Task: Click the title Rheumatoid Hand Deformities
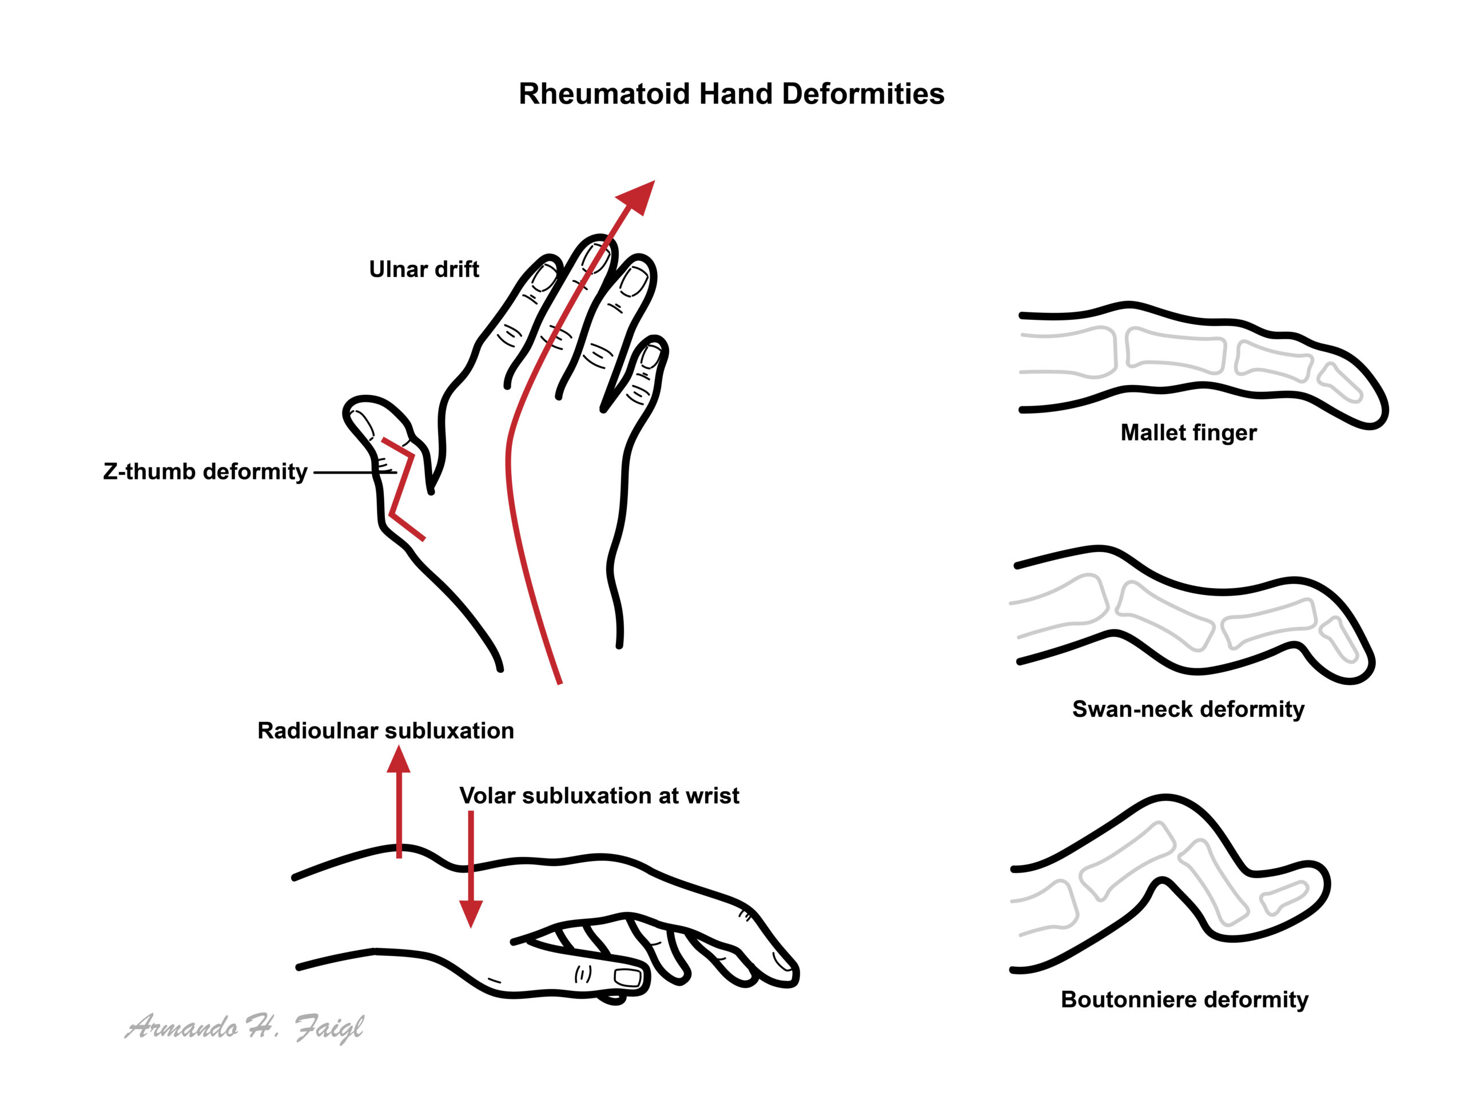[x=731, y=94]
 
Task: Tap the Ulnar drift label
[x=424, y=269]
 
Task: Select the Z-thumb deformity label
[x=205, y=471]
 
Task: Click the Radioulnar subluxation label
[x=385, y=731]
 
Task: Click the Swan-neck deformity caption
[x=1188, y=709]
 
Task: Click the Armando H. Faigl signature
[x=245, y=1027]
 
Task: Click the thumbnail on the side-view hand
[x=628, y=977]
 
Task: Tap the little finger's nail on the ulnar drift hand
[x=651, y=357]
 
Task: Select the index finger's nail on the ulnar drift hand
[x=546, y=277]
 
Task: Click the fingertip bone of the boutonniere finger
[x=1284, y=898]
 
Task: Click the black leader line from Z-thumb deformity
[x=355, y=473]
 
